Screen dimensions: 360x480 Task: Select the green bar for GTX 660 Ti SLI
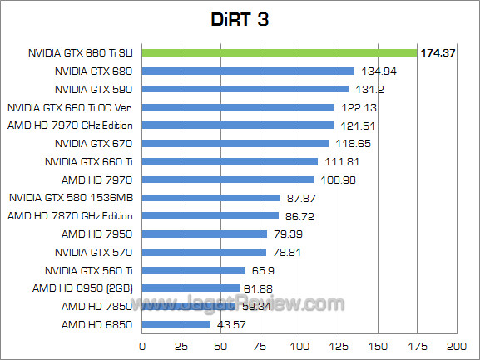[279, 52]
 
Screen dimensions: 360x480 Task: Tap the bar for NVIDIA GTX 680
[248, 71]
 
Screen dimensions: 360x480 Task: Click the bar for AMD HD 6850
[176, 324]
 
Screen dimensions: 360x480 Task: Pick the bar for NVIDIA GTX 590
[245, 89]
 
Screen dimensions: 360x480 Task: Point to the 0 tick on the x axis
[142, 345]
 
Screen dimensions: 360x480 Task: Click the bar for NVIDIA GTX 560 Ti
[194, 270]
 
